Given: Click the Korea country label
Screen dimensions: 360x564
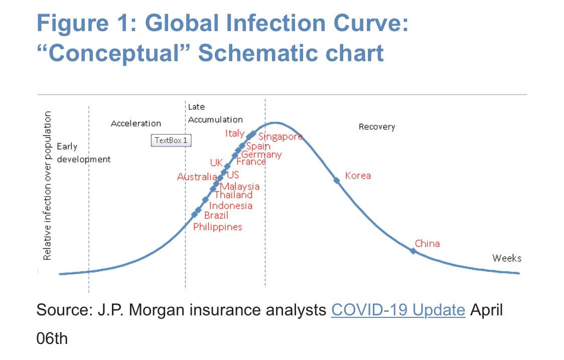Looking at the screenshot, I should pyautogui.click(x=358, y=175).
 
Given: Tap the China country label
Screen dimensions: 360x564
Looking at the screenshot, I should pyautogui.click(x=427, y=244).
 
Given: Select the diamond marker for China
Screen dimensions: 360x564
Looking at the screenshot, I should pyautogui.click(x=413, y=251).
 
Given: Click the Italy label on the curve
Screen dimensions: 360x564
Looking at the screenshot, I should pyautogui.click(x=234, y=133).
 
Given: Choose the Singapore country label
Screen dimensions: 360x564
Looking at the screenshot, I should pyautogui.click(x=280, y=137).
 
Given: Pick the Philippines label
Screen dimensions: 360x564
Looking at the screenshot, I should pyautogui.click(x=218, y=227).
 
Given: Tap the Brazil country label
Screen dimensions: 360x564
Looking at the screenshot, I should pyautogui.click(x=216, y=216).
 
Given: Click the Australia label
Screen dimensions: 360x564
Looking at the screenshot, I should pyautogui.click(x=197, y=177).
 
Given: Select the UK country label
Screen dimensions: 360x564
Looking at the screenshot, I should pyautogui.click(x=216, y=163).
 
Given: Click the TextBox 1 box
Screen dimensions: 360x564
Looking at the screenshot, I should pyautogui.click(x=171, y=140).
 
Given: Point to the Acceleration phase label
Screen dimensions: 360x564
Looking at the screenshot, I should pyautogui.click(x=136, y=123).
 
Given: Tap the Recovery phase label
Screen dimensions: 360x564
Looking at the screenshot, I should pyautogui.click(x=377, y=127).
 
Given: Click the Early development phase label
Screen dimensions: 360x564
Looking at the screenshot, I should pyautogui.click(x=83, y=153).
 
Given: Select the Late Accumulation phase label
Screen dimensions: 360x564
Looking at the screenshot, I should pyautogui.click(x=215, y=113).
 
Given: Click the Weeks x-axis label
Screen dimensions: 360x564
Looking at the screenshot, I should pyautogui.click(x=507, y=258).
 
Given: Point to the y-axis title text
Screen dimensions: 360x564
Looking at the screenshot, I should pyautogui.click(x=48, y=186).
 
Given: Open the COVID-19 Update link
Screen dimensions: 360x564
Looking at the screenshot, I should pyautogui.click(x=398, y=310).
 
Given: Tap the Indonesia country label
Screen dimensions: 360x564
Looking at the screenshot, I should pyautogui.click(x=231, y=206).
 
